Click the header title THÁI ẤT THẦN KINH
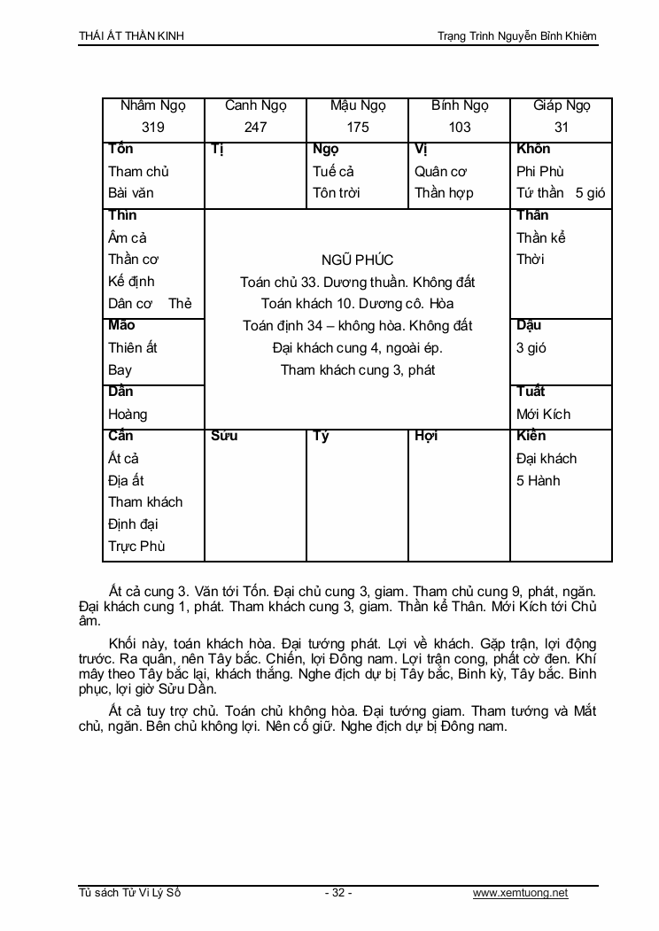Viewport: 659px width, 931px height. click(x=132, y=36)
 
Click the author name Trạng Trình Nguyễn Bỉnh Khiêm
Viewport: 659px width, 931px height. click(x=517, y=36)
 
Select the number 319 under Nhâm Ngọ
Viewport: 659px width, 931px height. click(x=153, y=128)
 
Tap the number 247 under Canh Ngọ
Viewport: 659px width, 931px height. click(x=255, y=128)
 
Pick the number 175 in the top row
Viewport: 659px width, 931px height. click(x=358, y=128)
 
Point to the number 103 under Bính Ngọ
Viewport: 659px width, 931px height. click(x=460, y=128)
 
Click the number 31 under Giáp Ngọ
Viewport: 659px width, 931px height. click(x=562, y=128)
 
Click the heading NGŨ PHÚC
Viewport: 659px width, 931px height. click(x=358, y=260)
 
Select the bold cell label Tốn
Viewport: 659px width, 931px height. click(x=120, y=149)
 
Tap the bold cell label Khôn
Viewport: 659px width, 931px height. click(x=533, y=149)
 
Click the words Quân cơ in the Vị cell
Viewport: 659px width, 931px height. click(x=441, y=172)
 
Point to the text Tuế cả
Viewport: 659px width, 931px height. click(x=333, y=172)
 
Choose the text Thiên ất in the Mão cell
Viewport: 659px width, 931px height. click(x=133, y=348)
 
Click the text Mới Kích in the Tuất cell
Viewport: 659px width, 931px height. click(x=543, y=415)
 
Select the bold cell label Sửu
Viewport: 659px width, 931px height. click(x=224, y=436)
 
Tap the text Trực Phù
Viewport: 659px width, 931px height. click(x=136, y=547)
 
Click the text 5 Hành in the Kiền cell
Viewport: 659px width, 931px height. click(x=539, y=481)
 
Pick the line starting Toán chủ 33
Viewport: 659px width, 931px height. click(x=358, y=283)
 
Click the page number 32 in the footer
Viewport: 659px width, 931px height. click(x=338, y=893)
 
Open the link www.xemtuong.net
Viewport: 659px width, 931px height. click(x=520, y=893)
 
